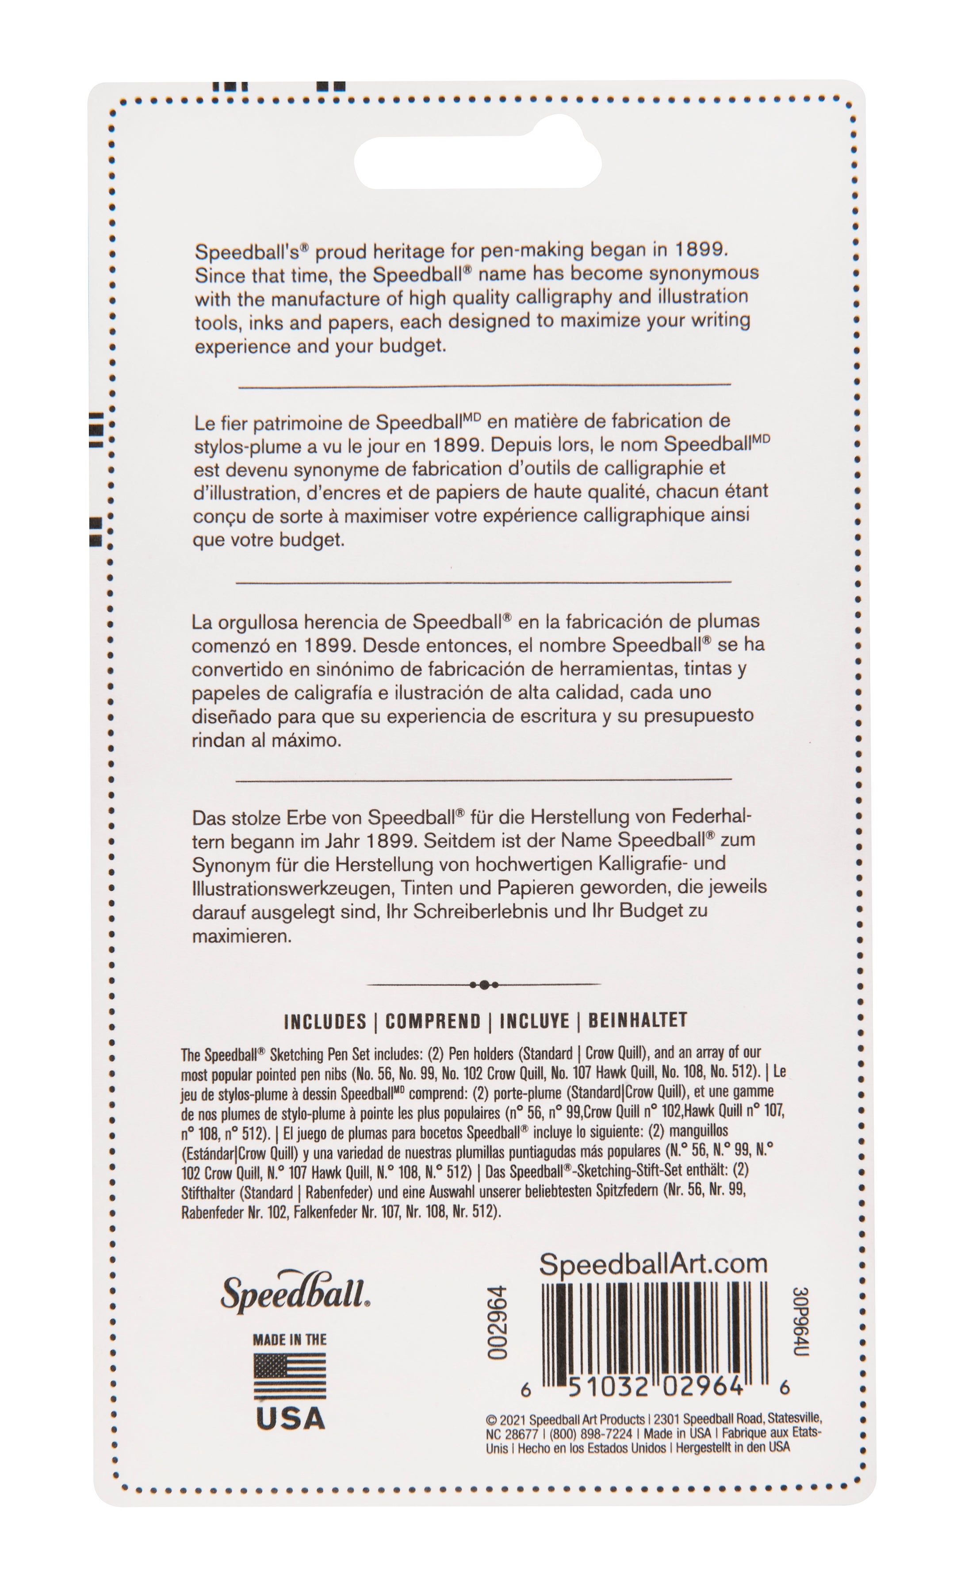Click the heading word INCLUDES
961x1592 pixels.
(x=325, y=1022)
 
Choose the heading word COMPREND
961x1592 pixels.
(x=433, y=1022)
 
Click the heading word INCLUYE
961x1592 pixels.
(x=535, y=1022)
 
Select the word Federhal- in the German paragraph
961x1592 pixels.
(x=712, y=817)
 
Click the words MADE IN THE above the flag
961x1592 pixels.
(x=290, y=1339)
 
